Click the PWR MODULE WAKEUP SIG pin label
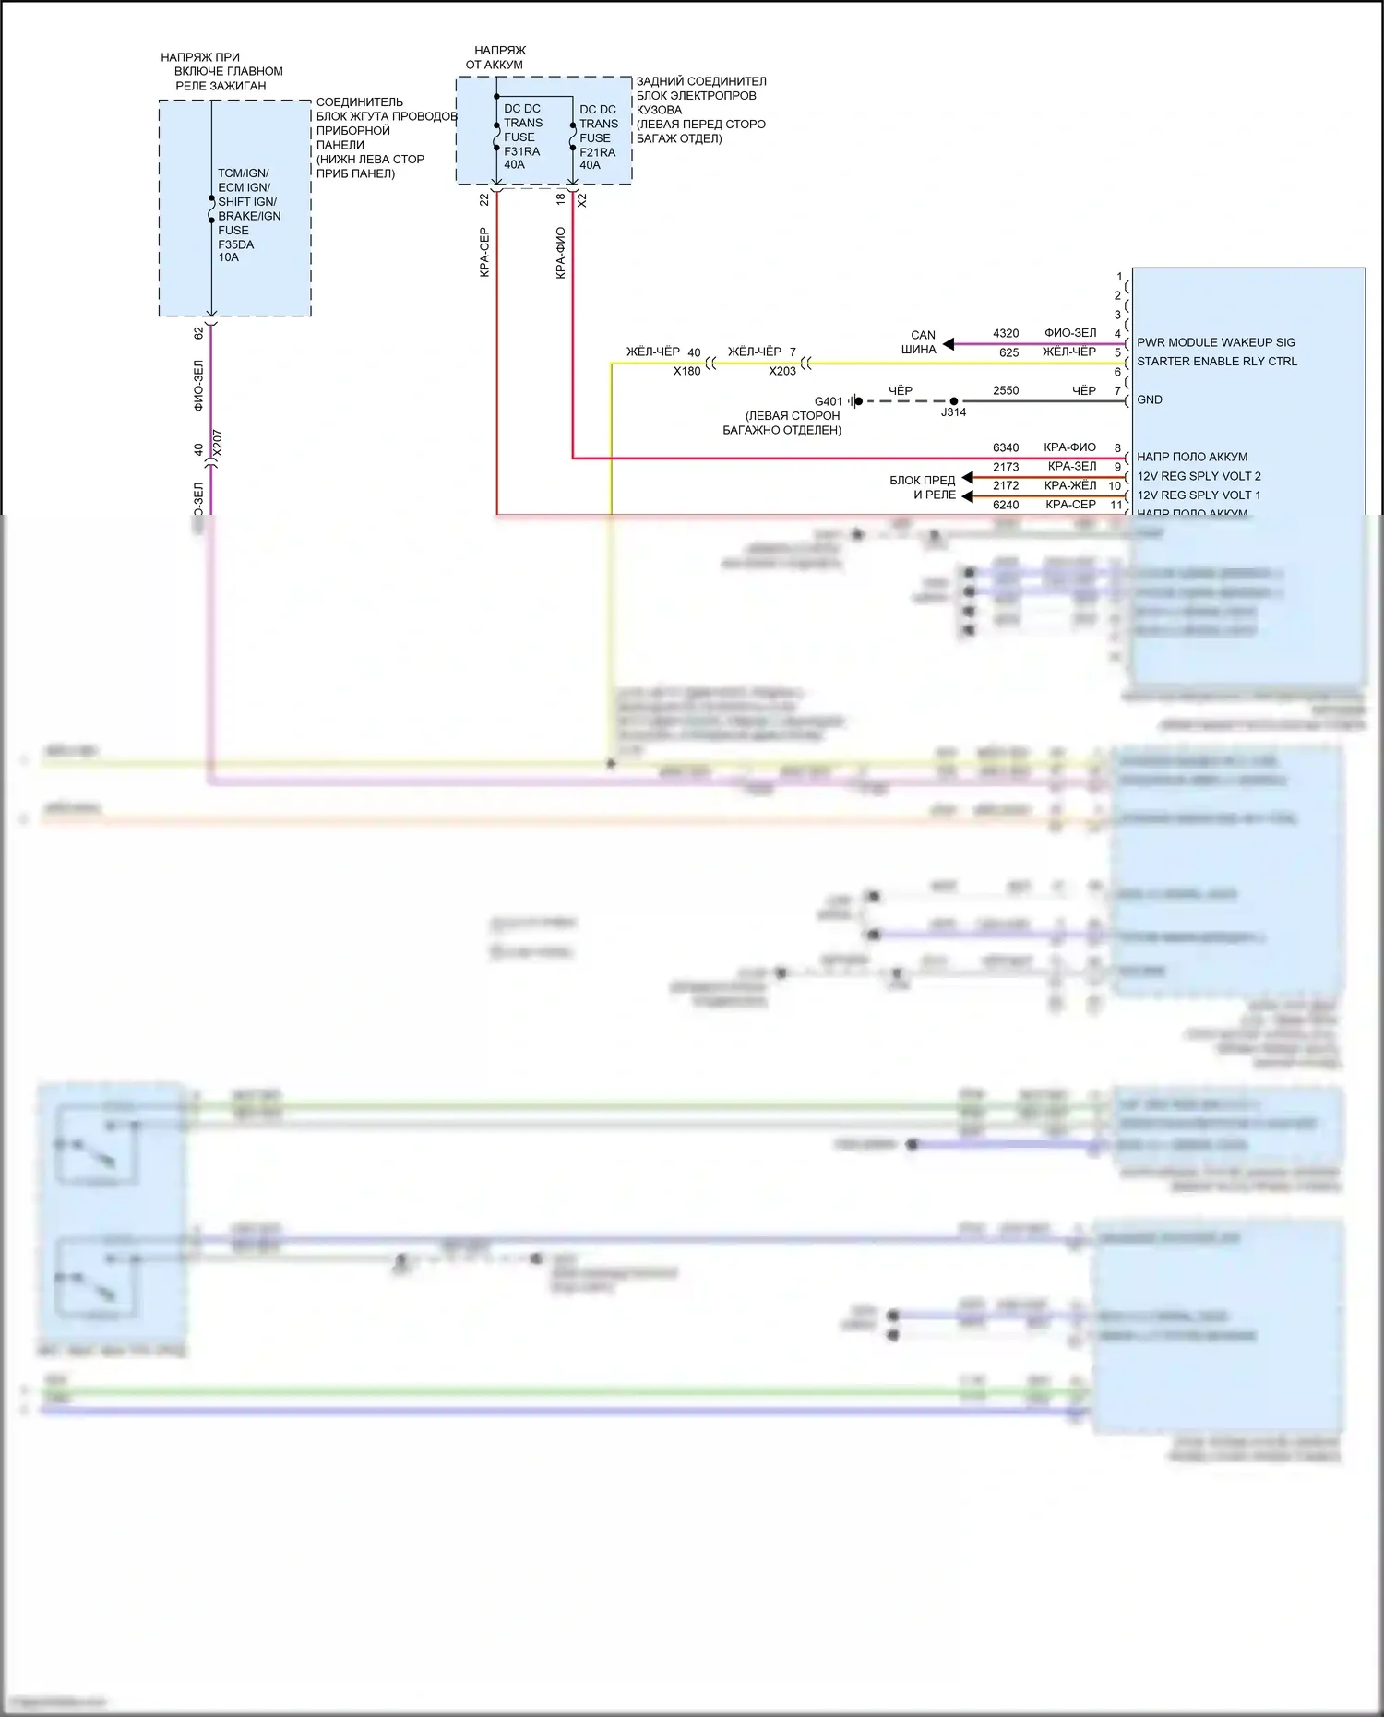pos(1215,342)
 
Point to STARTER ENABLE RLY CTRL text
pos(1216,362)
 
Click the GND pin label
pos(1149,400)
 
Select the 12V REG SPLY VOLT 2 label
pos(1198,476)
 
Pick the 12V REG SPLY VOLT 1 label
pos(1198,495)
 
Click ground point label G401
pos(828,402)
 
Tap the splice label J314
pos(953,412)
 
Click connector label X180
pos(686,371)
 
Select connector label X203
pos(782,371)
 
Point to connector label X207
pos(218,443)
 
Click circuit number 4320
pos(1006,334)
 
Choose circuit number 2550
pos(1006,391)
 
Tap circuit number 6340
pos(1006,448)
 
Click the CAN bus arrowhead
pos(948,344)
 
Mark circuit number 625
pos(1008,353)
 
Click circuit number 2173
pos(1006,468)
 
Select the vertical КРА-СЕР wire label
pos(484,252)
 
